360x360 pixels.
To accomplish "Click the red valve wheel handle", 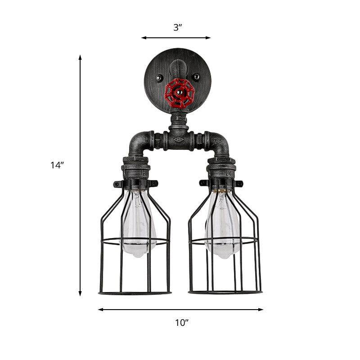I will (x=179, y=94).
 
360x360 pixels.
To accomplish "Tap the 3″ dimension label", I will (x=178, y=27).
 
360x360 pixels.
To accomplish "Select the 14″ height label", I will (x=57, y=165).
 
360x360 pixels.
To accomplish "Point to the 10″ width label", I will (x=181, y=322).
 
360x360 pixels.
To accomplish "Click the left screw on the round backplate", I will (x=159, y=79).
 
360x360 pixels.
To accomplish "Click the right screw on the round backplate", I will (x=196, y=77).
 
